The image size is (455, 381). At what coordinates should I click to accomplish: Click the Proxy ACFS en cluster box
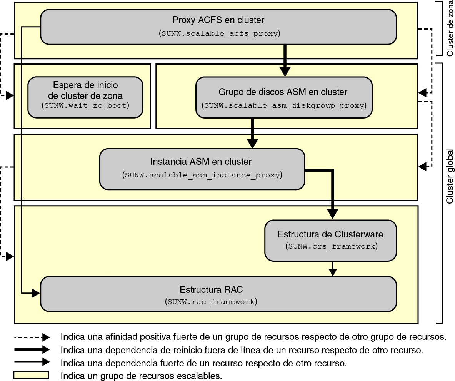click(x=218, y=27)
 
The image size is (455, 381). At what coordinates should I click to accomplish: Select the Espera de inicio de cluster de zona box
click(x=85, y=97)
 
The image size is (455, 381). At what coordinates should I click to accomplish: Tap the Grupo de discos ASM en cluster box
click(x=283, y=98)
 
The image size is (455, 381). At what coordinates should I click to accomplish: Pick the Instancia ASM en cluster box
click(x=202, y=169)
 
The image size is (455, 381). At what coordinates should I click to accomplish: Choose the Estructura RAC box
click(x=218, y=294)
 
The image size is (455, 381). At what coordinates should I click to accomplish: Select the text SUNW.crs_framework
click(x=331, y=246)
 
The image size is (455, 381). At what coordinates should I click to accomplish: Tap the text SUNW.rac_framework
click(x=211, y=302)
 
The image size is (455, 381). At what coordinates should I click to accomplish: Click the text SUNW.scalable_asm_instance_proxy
click(x=202, y=175)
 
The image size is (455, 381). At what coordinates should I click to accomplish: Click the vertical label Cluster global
click(x=450, y=176)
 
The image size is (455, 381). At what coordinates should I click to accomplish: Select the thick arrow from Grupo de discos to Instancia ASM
click(x=252, y=133)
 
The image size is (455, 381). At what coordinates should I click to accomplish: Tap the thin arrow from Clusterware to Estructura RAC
click(x=333, y=268)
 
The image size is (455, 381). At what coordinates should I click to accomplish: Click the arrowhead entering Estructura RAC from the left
click(x=36, y=294)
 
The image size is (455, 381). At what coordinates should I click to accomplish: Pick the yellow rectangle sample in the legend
click(x=32, y=375)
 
